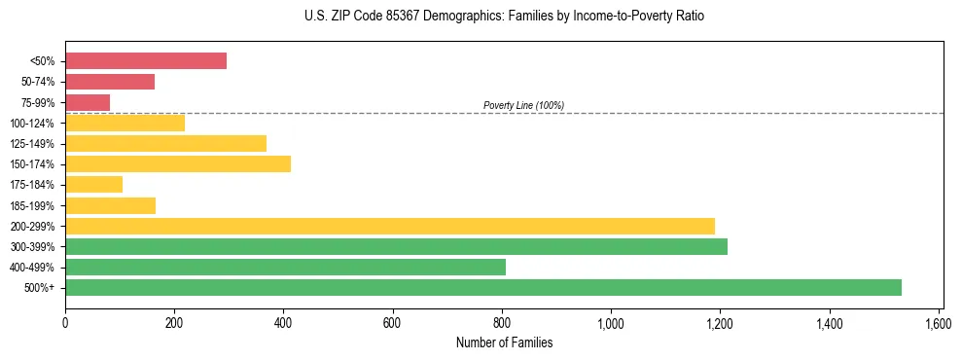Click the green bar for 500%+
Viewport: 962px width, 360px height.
pos(483,287)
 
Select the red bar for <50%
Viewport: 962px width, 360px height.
pos(146,61)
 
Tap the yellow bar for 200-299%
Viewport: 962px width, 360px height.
pos(390,226)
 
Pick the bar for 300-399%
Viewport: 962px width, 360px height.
pos(396,246)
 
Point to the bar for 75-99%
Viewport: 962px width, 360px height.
pos(88,102)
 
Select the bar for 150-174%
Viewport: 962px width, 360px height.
pos(178,163)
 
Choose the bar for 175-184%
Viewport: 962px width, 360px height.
pos(93,184)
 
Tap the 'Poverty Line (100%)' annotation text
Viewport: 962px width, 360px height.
pos(523,105)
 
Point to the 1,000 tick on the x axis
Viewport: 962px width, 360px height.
pos(611,323)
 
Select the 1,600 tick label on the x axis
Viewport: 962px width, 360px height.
pos(939,323)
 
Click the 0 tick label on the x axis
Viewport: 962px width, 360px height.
pos(65,323)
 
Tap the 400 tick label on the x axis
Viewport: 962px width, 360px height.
pos(283,323)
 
